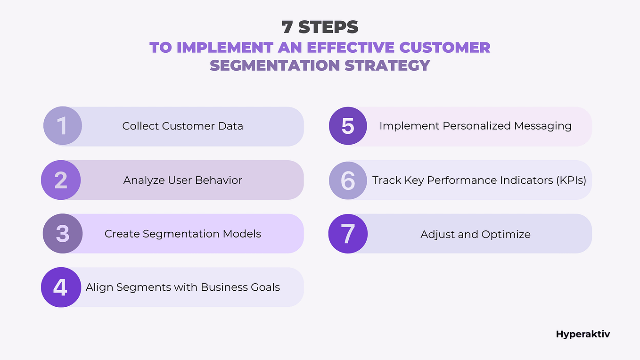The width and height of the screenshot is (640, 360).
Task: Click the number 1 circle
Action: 63,126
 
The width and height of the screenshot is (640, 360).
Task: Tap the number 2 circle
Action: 61,180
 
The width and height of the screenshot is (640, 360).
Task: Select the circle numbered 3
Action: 63,234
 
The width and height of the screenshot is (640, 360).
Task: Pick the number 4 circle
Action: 61,287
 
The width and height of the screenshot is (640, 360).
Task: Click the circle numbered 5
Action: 348,126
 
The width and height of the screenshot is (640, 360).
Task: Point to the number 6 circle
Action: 348,180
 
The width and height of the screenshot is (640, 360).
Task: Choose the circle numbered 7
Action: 348,234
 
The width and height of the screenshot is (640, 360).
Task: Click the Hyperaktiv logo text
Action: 583,334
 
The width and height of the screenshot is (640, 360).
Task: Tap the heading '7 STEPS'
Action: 320,27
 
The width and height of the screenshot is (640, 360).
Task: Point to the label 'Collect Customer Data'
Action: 182,126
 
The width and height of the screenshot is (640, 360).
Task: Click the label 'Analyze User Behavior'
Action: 182,180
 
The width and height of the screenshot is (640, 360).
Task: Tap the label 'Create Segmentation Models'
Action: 182,234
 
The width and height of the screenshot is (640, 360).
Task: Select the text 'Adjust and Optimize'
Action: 475,234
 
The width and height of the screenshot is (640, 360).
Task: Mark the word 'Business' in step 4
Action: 221,287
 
